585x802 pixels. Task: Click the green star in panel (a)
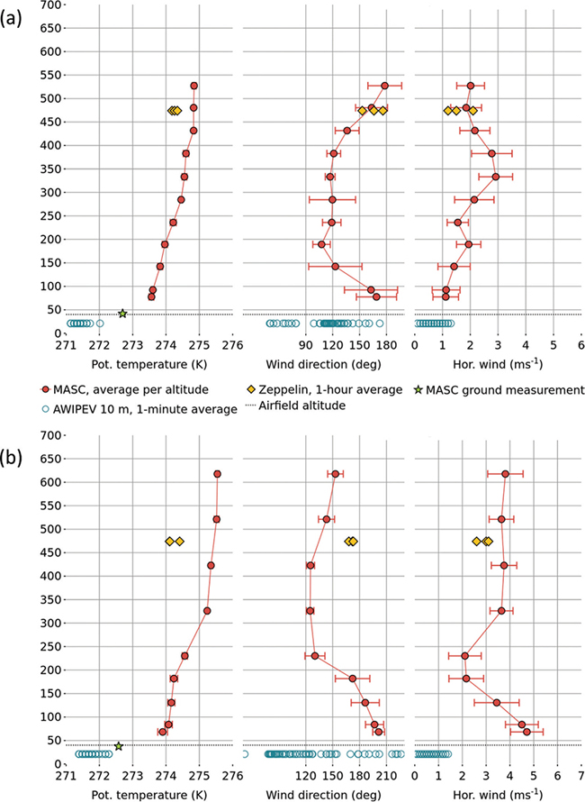point(122,314)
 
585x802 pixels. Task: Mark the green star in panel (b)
point(119,746)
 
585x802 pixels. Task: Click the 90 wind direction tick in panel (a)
point(305,345)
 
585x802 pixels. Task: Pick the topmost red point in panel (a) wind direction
point(384,86)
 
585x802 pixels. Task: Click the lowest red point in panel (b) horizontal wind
point(526,732)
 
